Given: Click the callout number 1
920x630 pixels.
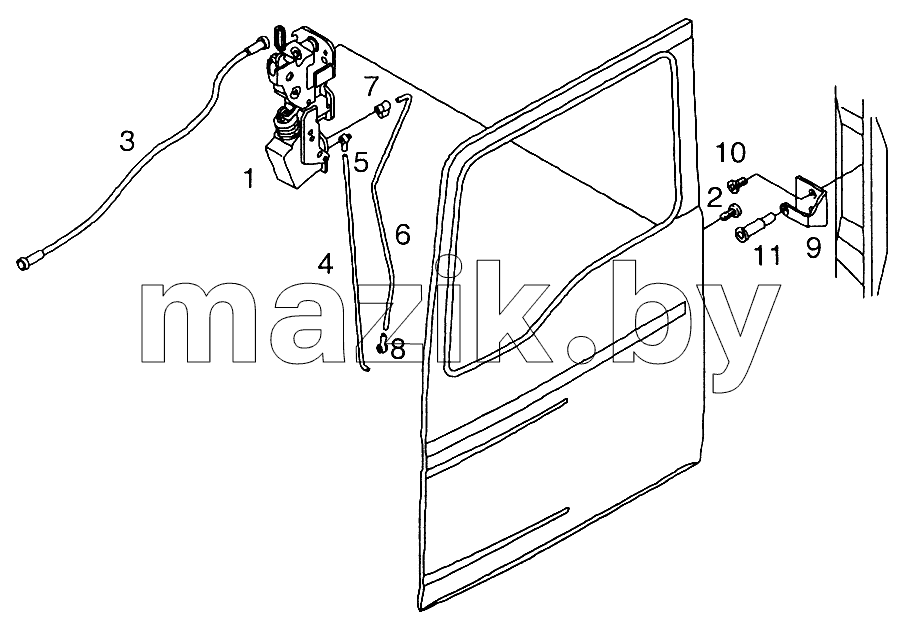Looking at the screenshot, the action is pyautogui.click(x=251, y=178).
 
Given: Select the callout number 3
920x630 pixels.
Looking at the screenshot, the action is pyautogui.click(x=127, y=141).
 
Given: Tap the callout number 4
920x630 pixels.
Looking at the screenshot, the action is pyautogui.click(x=325, y=265).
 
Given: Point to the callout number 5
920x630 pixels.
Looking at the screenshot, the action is pyautogui.click(x=361, y=162).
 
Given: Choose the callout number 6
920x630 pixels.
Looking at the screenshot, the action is pyautogui.click(x=402, y=235).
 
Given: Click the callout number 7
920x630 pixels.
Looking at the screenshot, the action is pyautogui.click(x=371, y=86).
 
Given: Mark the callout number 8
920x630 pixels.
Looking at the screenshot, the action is pyautogui.click(x=398, y=350).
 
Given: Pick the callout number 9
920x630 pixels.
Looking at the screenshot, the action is pyautogui.click(x=813, y=248).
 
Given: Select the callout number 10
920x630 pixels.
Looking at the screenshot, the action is pyautogui.click(x=730, y=153).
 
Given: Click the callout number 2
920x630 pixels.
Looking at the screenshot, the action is pyautogui.click(x=713, y=198).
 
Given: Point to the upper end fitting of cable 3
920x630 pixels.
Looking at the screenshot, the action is pyautogui.click(x=259, y=43).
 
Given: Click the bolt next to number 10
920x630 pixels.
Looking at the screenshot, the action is pyautogui.click(x=735, y=184).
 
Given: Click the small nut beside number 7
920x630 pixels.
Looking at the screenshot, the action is pyautogui.click(x=383, y=108).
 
